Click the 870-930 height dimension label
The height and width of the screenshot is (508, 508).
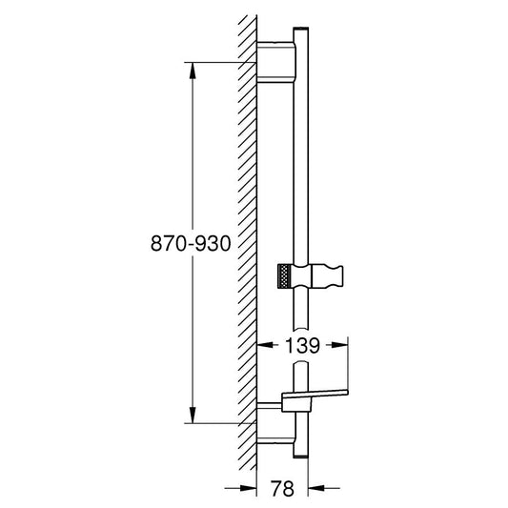191,243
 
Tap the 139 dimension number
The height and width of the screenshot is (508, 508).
302,345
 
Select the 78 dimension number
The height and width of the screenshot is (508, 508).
282,488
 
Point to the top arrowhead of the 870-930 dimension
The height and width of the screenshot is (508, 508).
193,71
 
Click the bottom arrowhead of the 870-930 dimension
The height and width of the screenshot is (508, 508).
193,415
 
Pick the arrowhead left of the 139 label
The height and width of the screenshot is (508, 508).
265,345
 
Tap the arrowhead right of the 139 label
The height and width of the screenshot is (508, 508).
339,345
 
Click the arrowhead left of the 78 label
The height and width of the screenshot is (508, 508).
249,488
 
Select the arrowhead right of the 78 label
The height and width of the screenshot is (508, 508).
316,488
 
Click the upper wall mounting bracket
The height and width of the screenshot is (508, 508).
276,62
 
